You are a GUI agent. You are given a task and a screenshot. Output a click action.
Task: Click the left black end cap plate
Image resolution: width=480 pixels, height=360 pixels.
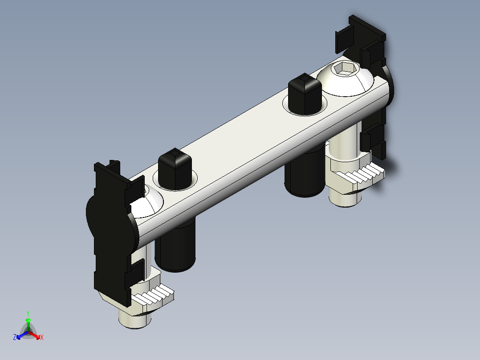pyautogui.click(x=110, y=227)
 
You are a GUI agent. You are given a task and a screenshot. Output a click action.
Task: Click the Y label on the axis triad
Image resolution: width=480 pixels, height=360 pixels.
pyautogui.click(x=28, y=313)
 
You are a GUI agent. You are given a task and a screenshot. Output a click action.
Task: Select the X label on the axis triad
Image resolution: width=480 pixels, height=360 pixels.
pyautogui.click(x=42, y=337)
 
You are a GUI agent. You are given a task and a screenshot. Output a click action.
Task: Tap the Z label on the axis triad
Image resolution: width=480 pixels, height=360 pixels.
pyautogui.click(x=15, y=337)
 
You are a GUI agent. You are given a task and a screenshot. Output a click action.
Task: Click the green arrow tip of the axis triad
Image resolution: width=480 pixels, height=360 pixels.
pyautogui.click(x=28, y=320)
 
